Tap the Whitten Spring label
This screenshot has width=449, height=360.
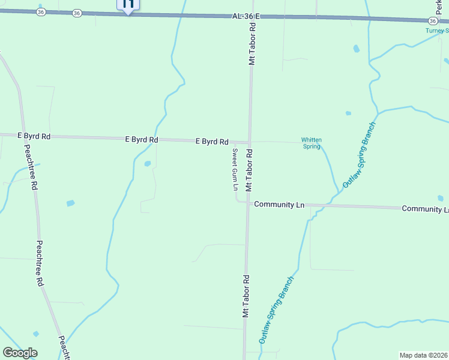312,143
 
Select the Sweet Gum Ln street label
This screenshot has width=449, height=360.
235,169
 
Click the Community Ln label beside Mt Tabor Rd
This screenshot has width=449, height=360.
279,205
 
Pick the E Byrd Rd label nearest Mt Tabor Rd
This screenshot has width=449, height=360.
212,142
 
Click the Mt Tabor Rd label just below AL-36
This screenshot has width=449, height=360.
253,44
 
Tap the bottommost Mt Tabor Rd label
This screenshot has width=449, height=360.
246,296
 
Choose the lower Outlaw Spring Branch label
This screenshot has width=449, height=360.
277,310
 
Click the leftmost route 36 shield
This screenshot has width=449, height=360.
40,12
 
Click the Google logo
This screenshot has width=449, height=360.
20,353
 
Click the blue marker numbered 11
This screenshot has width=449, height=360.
128,5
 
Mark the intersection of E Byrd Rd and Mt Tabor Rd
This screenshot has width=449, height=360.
250,142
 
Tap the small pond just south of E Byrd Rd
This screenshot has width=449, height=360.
147,163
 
